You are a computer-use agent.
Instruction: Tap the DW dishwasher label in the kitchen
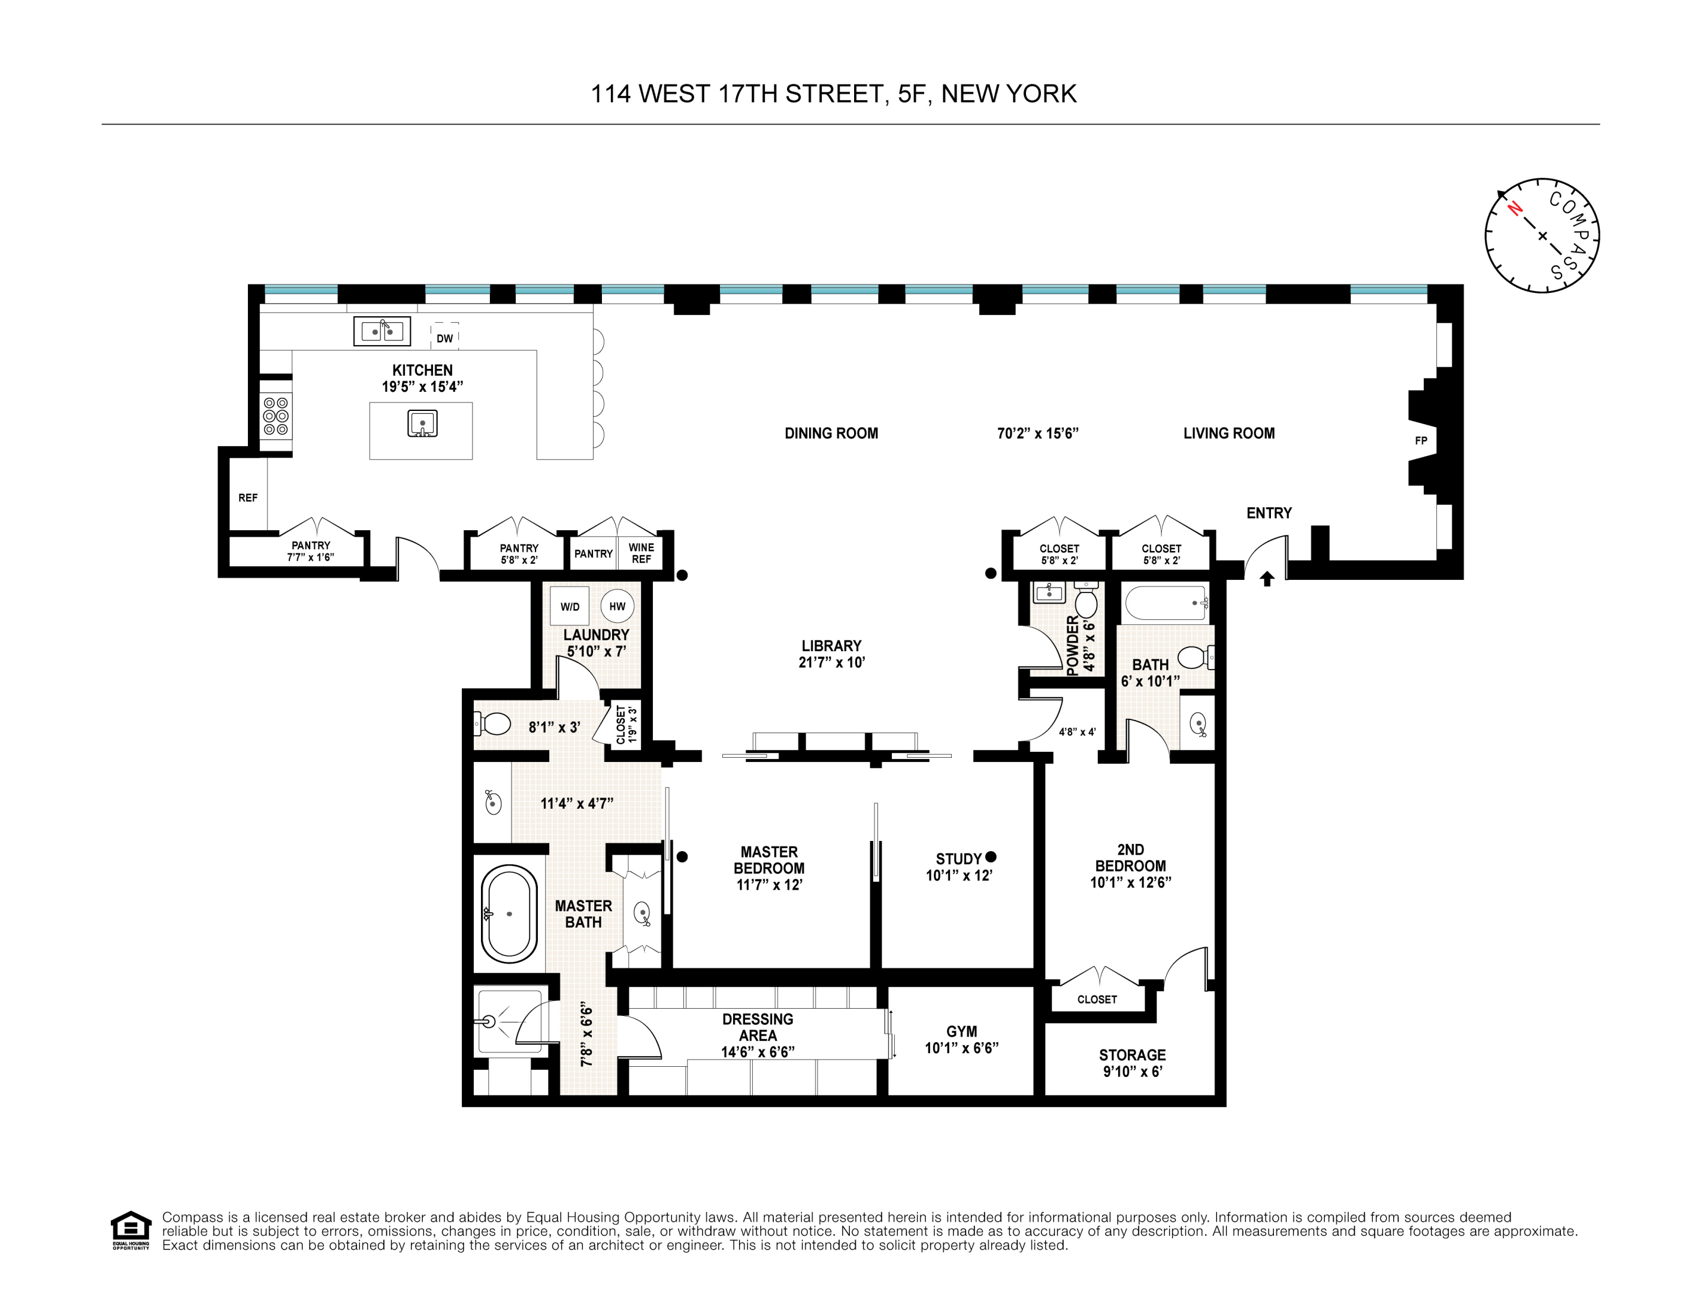tap(444, 338)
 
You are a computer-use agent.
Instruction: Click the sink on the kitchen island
tap(422, 423)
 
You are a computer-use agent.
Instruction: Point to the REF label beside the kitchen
tap(247, 498)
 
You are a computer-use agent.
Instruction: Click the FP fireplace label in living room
tap(1421, 441)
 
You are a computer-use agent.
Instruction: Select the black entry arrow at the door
tap(1267, 579)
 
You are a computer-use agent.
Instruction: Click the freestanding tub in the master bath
tap(509, 914)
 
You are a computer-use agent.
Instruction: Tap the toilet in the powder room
tap(1085, 603)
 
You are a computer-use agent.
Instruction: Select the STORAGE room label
tap(1132, 1055)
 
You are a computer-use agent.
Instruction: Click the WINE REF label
tap(641, 553)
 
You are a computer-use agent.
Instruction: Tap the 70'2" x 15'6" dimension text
tap(1037, 434)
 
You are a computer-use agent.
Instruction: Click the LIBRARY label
tap(831, 646)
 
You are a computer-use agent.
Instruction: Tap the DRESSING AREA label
tap(757, 1027)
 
